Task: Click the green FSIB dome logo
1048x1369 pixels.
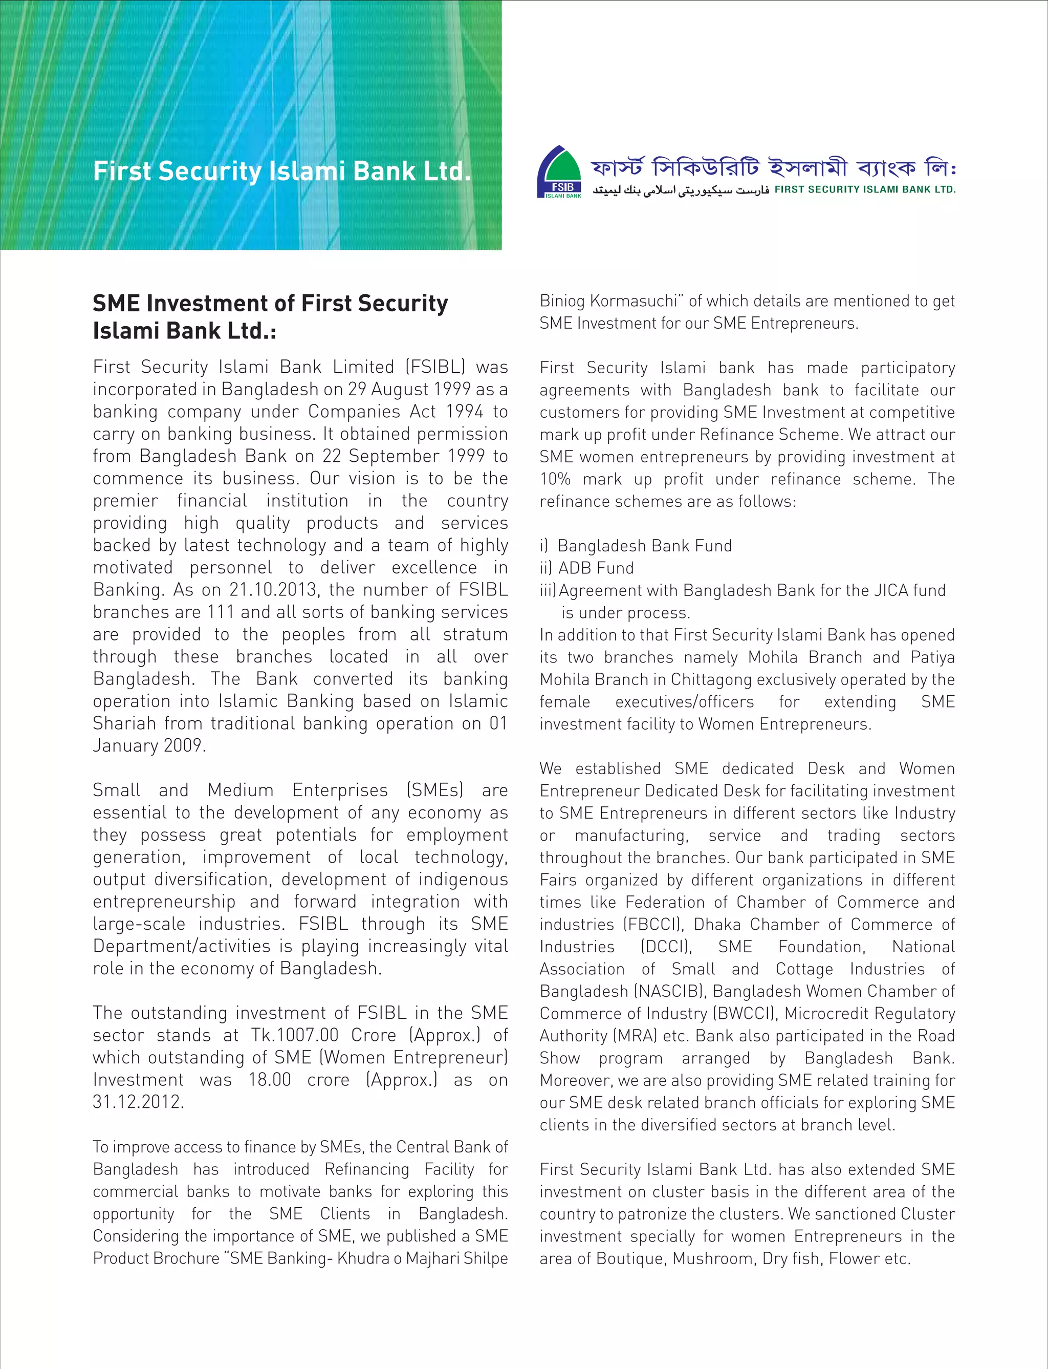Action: coord(559,172)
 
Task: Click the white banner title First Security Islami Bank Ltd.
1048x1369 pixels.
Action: coord(281,171)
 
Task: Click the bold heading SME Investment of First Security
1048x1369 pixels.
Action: coord(270,303)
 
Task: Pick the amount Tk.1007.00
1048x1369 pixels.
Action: coord(294,1035)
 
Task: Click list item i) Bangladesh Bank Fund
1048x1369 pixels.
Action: coord(636,546)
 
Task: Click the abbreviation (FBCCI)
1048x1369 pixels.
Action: coord(653,924)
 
